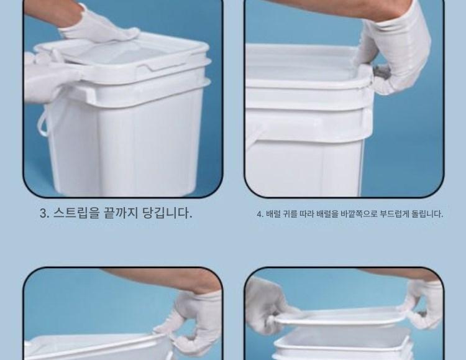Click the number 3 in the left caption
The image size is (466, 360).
pyautogui.click(x=43, y=213)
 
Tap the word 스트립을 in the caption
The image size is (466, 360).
pyautogui.click(x=75, y=213)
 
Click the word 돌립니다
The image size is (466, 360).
pyautogui.click(x=427, y=214)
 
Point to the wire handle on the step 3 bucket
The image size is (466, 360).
pyautogui.click(x=42, y=122)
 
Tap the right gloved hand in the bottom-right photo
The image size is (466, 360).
pyautogui.click(x=424, y=303)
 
